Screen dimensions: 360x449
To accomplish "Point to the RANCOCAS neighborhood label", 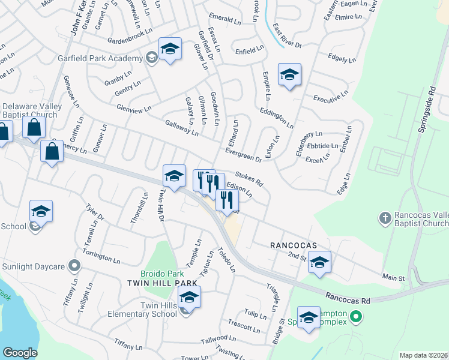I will tap(292, 245).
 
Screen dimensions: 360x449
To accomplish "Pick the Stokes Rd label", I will tap(249, 178).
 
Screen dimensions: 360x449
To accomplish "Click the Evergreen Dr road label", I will tap(244, 155).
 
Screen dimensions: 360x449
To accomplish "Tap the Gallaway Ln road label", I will tap(181, 128).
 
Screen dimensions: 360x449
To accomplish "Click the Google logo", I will tap(20, 352).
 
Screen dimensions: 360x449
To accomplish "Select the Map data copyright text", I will tap(424, 355).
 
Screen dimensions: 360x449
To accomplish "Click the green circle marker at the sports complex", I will tap(355, 316).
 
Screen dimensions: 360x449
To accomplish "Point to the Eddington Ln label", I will tap(276, 118).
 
